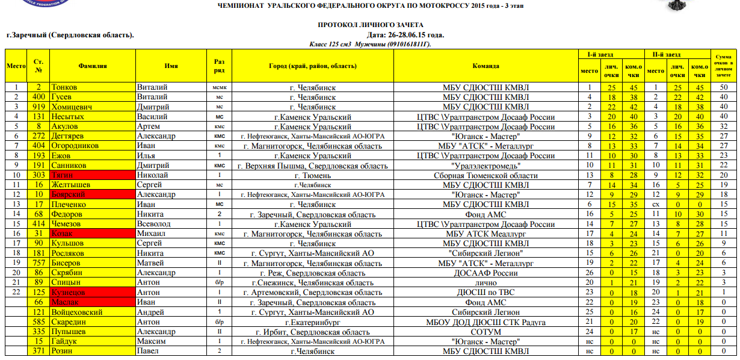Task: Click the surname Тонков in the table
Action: [x=64, y=87]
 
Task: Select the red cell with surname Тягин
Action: [x=63, y=175]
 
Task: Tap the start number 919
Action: [x=39, y=107]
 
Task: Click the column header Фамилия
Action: [x=93, y=66]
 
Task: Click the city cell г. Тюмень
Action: [x=312, y=175]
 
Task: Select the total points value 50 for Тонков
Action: [x=724, y=87]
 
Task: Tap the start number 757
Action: [x=39, y=263]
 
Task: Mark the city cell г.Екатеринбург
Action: [x=312, y=322]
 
